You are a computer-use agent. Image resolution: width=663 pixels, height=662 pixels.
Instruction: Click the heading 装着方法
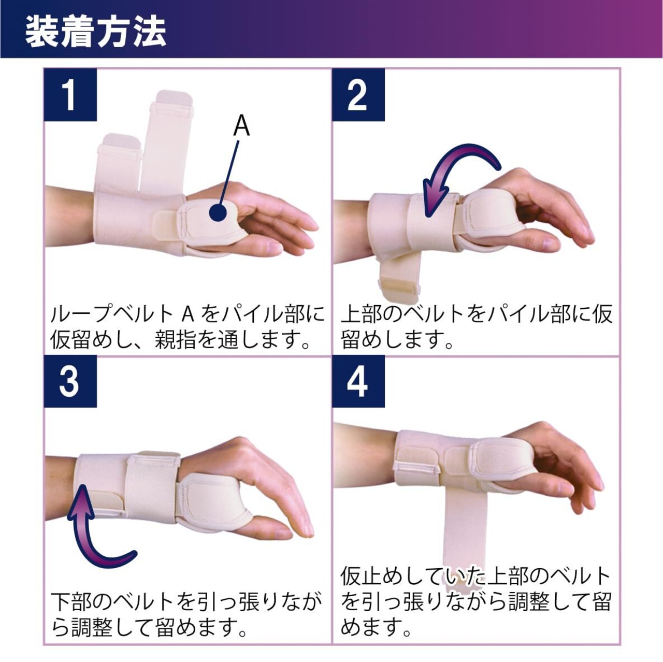click(96, 33)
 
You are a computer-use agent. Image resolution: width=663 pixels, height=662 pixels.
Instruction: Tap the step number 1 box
click(70, 95)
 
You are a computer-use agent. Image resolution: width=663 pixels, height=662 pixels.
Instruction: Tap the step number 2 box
click(358, 95)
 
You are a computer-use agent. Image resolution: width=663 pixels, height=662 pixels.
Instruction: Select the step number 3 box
click(70, 382)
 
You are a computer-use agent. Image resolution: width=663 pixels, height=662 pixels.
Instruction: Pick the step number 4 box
click(358, 382)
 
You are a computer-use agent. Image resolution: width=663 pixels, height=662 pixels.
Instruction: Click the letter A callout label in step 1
click(241, 126)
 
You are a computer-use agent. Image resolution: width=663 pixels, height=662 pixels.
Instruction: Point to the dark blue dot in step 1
click(218, 213)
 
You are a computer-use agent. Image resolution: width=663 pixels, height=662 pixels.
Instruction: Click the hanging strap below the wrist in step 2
click(399, 278)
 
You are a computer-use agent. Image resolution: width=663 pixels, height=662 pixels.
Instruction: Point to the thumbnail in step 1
click(275, 247)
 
